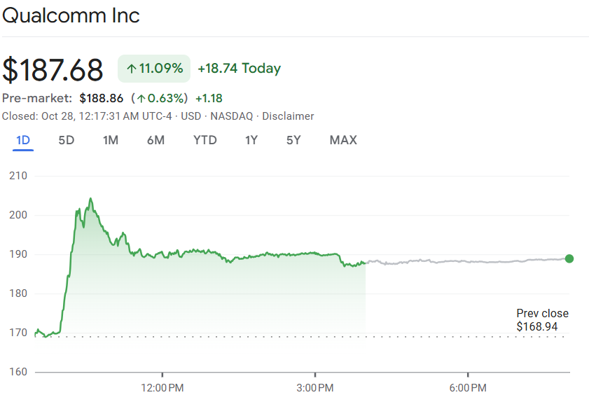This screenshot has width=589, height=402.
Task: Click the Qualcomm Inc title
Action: (71, 15)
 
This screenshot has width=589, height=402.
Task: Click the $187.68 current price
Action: (53, 69)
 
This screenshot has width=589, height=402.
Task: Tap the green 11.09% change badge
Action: (154, 69)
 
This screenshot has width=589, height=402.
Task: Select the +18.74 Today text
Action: (239, 69)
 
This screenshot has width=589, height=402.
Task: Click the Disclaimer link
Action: (288, 116)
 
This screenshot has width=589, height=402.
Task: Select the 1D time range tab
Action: (23, 140)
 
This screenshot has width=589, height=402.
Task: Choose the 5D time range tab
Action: (66, 140)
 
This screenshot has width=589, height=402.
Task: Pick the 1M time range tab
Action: (111, 140)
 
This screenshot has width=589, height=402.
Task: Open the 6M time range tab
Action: (155, 140)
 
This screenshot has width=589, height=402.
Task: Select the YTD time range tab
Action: (205, 140)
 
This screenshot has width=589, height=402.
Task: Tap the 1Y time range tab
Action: (251, 140)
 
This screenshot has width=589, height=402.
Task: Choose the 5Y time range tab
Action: (293, 140)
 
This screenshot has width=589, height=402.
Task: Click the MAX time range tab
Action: (343, 140)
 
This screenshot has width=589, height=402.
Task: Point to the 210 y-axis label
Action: (18, 176)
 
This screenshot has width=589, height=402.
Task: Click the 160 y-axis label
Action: (18, 372)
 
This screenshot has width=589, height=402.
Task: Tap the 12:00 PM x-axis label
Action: (162, 387)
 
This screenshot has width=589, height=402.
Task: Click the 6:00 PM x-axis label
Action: (468, 387)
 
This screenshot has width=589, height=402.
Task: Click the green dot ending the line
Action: (569, 258)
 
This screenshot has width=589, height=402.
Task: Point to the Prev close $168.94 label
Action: (542, 320)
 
